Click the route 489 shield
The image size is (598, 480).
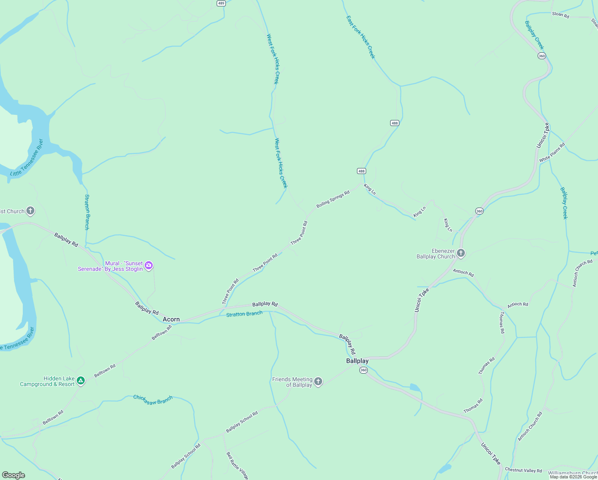[x=221, y=3]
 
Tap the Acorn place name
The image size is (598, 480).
[x=171, y=319]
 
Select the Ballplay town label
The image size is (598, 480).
[x=357, y=361]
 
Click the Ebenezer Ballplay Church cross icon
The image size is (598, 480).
[x=461, y=253]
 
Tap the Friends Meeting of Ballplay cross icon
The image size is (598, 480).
[x=318, y=382]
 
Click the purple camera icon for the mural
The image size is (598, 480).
[x=149, y=265]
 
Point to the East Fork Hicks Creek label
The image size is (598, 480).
[x=361, y=37]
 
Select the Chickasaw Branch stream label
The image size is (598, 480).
[x=153, y=400]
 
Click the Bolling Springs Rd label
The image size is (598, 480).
[x=333, y=199]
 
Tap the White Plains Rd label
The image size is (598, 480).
[x=552, y=152]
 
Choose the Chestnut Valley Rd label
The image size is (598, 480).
[x=523, y=470]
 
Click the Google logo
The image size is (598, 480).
[x=14, y=475]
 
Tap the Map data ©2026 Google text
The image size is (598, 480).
[x=573, y=477]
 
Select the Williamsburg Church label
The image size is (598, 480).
[x=572, y=473]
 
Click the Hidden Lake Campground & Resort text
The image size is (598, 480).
[x=48, y=381]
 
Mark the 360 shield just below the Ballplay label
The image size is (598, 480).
[x=363, y=370]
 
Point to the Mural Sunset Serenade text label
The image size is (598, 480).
[x=110, y=266]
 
